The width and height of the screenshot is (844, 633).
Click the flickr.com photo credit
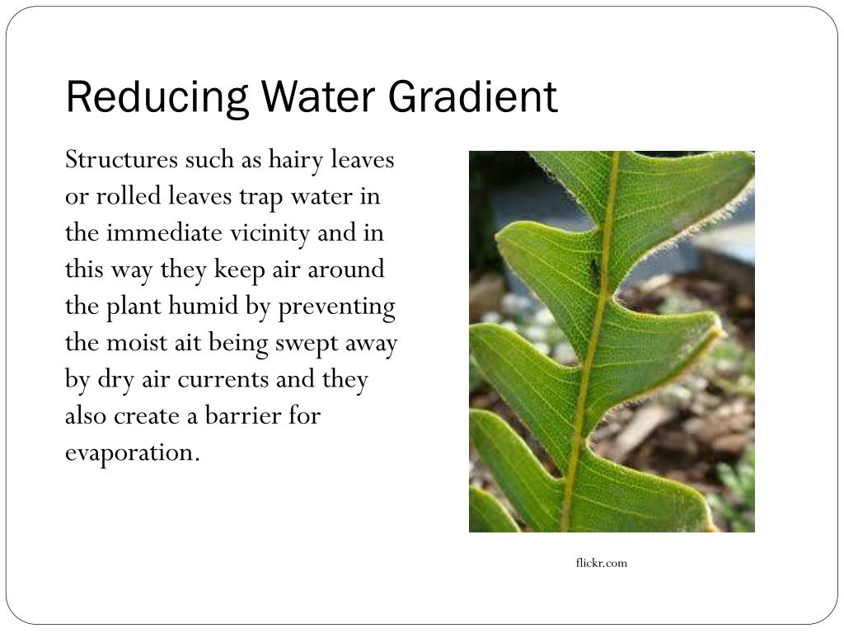601,563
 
